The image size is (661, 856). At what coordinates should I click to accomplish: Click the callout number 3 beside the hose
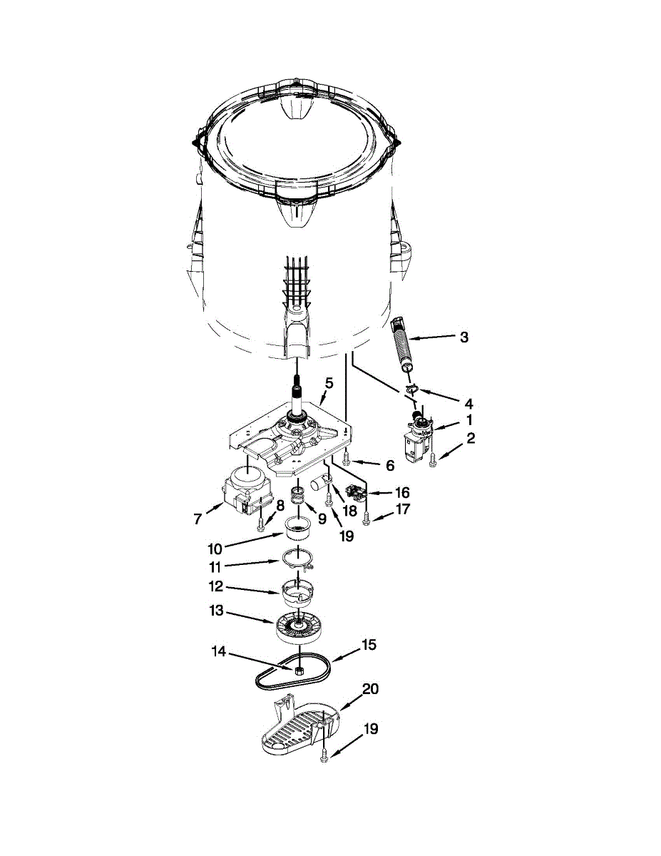(x=464, y=337)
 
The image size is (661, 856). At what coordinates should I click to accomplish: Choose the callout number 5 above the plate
(x=328, y=382)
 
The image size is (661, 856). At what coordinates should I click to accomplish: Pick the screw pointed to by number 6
(x=346, y=458)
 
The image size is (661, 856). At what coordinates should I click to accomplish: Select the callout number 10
(x=215, y=549)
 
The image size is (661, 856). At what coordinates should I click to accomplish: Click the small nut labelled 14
(x=299, y=671)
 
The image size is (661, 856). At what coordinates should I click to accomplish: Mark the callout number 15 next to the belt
(x=368, y=646)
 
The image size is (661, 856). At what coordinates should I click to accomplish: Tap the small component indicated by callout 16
(x=354, y=491)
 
